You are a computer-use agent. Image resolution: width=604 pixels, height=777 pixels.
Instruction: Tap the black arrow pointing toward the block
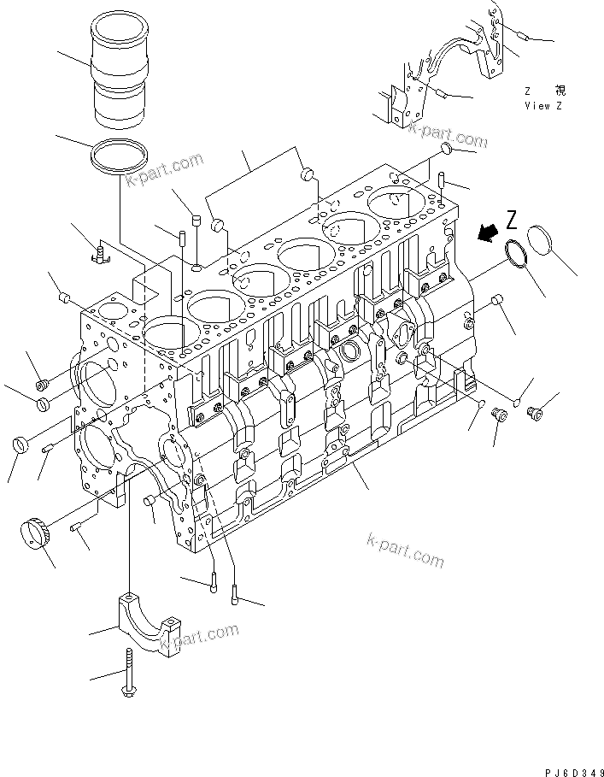(x=490, y=230)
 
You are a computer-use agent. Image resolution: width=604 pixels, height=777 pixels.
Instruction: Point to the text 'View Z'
(x=543, y=106)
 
